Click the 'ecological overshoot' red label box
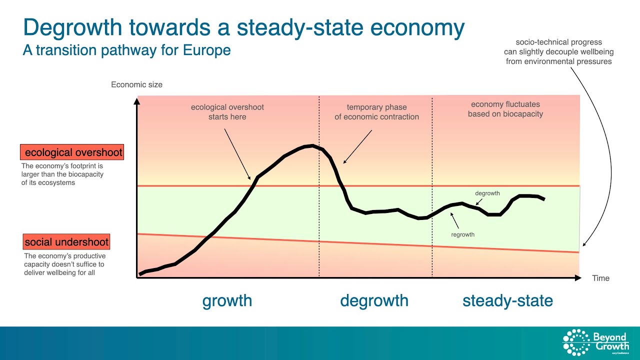click(x=72, y=152)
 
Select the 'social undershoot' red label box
click(x=66, y=242)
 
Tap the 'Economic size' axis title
click(x=136, y=84)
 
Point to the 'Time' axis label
click(x=600, y=278)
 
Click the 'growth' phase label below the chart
click(x=227, y=300)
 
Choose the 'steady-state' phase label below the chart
click(x=507, y=300)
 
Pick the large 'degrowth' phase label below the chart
click(x=374, y=300)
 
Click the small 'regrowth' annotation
click(x=462, y=234)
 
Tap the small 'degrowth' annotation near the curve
click(x=487, y=193)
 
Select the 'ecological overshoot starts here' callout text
click(x=227, y=111)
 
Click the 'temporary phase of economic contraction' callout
click(x=376, y=111)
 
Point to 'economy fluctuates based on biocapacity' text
click(x=505, y=109)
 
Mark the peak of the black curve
click(x=312, y=145)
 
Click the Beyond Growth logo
click(x=595, y=342)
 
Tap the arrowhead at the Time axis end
click(x=578, y=277)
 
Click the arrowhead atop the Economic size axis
click(x=137, y=101)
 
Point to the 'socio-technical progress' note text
click(x=558, y=52)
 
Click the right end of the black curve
click(x=543, y=199)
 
